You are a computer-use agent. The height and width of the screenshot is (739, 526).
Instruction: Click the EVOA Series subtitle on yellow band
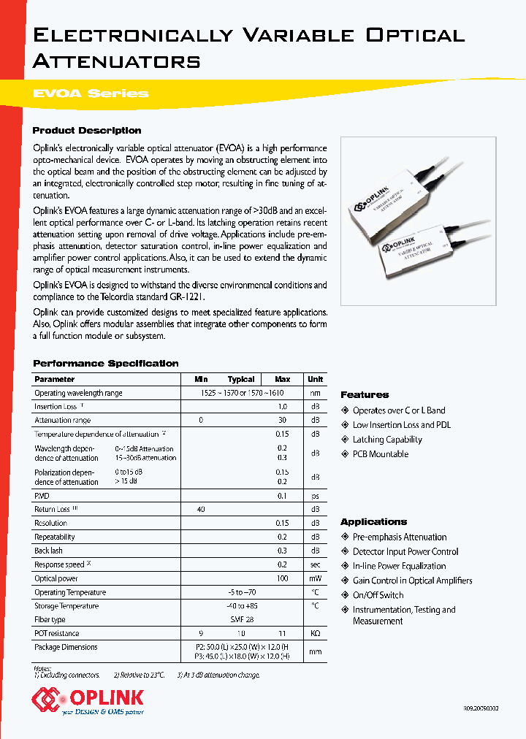[x=91, y=93]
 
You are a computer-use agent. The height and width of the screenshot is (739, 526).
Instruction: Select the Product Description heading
[x=87, y=131]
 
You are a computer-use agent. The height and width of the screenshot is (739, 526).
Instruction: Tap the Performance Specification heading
[x=106, y=364]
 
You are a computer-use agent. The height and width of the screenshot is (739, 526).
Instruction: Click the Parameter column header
[x=55, y=379]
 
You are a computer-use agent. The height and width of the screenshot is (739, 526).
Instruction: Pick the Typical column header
[x=241, y=379]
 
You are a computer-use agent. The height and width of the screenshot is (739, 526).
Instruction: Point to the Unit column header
[x=315, y=379]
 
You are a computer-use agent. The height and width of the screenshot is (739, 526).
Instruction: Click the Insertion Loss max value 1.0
[x=282, y=407]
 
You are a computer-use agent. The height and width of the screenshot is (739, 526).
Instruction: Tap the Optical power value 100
[x=282, y=578]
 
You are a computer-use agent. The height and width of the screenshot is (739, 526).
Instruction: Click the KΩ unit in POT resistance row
[x=315, y=634]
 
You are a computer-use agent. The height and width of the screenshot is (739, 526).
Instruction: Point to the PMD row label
[x=42, y=495]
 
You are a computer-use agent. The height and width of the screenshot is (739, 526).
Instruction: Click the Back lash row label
[x=49, y=551]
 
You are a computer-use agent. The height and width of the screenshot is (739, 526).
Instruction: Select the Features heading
[x=365, y=395]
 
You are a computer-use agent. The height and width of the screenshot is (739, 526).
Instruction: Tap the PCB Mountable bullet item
[x=380, y=454]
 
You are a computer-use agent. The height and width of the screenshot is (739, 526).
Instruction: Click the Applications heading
[x=373, y=522]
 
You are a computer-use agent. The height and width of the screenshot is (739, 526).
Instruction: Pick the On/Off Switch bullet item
[x=378, y=595]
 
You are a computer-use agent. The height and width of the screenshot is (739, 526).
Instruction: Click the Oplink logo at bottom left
[x=87, y=700]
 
